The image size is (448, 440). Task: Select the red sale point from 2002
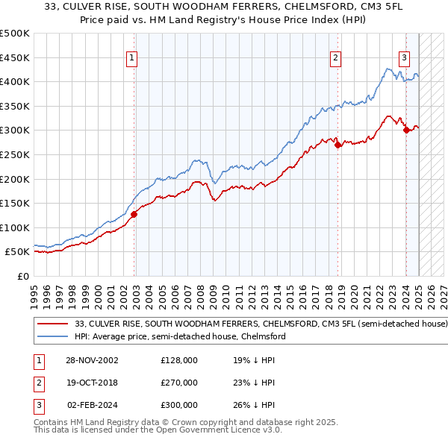click(x=134, y=214)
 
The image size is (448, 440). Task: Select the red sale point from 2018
click(x=338, y=145)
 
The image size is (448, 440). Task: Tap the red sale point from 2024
click(x=406, y=131)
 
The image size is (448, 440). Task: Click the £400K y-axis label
click(x=15, y=81)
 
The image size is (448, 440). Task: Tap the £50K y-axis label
click(x=17, y=252)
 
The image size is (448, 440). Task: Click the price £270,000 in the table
click(x=179, y=383)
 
